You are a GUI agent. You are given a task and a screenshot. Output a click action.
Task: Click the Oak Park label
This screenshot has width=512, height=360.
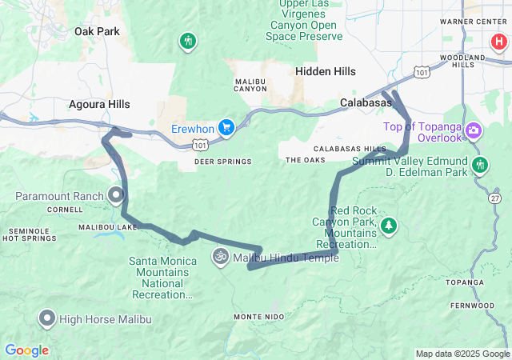96,31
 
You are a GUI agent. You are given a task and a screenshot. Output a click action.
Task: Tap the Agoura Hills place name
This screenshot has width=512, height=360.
99,104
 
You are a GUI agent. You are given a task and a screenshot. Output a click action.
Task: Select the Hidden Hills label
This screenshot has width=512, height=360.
326,71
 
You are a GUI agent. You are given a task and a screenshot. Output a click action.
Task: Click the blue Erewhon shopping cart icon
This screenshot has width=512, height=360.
227,127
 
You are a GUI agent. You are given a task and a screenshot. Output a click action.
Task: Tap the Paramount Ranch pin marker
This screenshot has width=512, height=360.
116,194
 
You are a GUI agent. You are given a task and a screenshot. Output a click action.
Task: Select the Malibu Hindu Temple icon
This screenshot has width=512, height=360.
220,258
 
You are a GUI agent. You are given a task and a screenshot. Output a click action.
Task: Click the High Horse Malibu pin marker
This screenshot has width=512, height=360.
46,319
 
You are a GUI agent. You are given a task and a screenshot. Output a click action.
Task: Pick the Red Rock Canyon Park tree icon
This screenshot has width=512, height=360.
389,226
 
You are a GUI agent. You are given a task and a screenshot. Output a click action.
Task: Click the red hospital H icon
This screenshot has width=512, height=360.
498,41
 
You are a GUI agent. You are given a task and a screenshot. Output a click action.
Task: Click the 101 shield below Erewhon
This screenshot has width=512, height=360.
200,146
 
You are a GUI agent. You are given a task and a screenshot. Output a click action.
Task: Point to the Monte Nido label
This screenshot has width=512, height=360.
258,317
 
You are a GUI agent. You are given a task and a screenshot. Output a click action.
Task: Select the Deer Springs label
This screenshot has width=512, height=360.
222,162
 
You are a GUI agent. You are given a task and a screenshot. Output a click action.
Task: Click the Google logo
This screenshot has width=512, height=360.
26,350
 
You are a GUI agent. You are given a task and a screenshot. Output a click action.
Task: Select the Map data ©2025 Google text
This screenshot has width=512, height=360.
462,354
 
